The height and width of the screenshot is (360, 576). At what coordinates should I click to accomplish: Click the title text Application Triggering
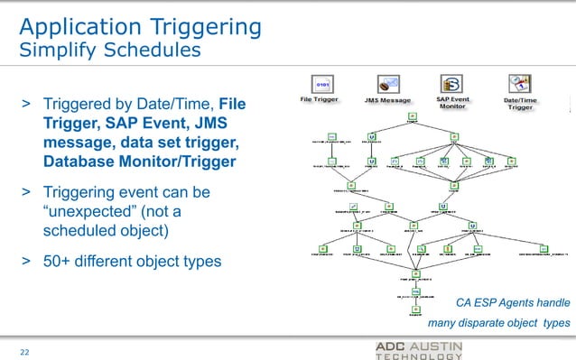tap(140, 26)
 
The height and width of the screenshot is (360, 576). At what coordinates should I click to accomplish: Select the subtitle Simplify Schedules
tap(110, 50)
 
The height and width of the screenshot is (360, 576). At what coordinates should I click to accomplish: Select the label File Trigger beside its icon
tap(320, 99)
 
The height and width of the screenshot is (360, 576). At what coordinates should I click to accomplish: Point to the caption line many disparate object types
tap(498, 322)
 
